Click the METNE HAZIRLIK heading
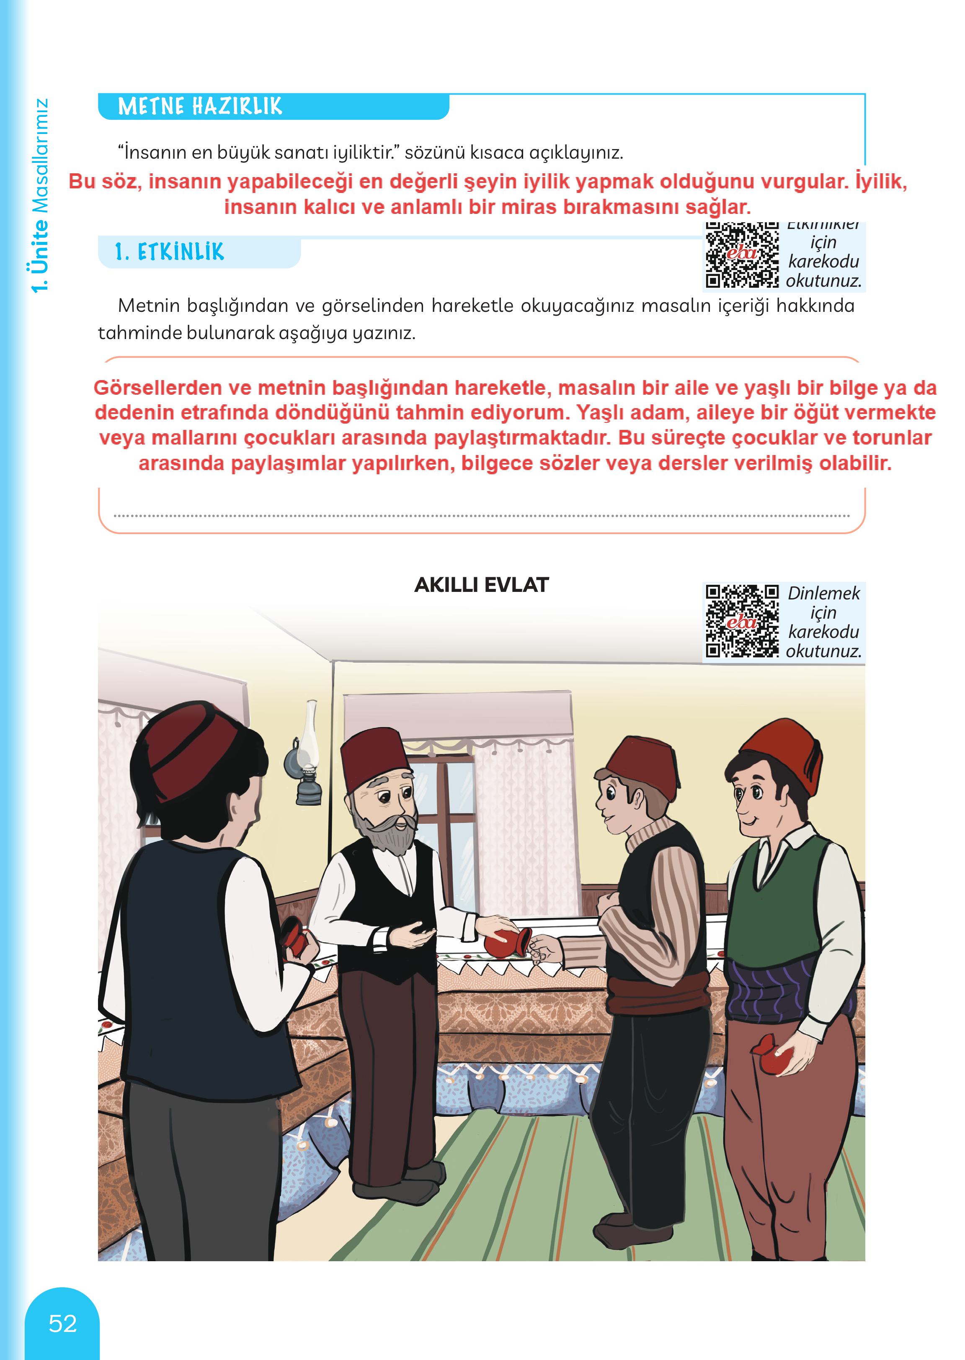pyautogui.click(x=200, y=107)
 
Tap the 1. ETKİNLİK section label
pyautogui.click(x=169, y=252)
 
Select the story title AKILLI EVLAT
pyautogui.click(x=481, y=585)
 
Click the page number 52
pyautogui.click(x=62, y=1324)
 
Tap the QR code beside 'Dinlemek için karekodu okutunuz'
pyautogui.click(x=742, y=621)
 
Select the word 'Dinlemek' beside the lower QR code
pyautogui.click(x=823, y=593)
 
